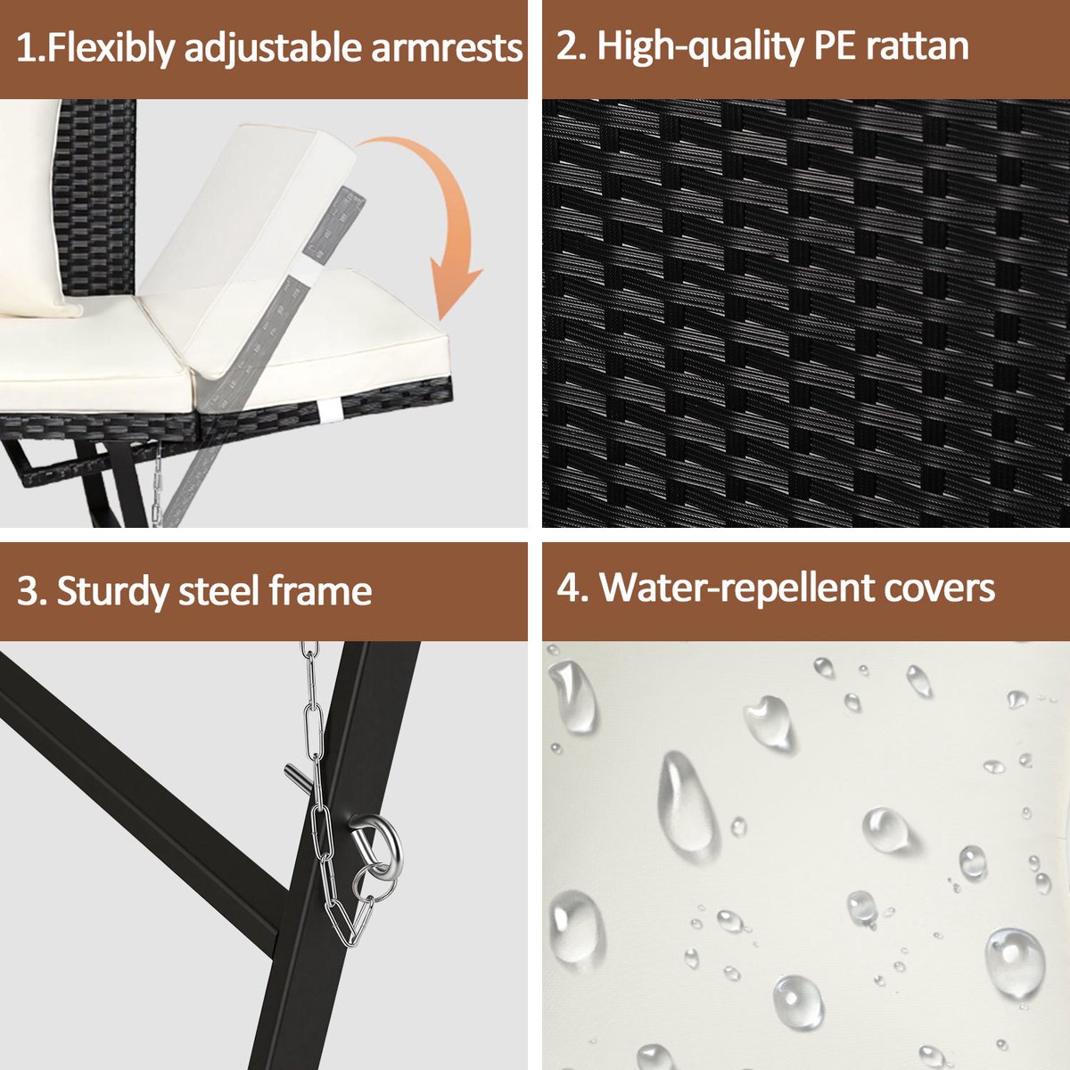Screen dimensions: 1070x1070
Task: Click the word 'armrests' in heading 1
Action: [x=447, y=48]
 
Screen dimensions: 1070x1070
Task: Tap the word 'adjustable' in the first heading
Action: [x=273, y=50]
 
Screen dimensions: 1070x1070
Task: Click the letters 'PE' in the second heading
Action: [x=835, y=46]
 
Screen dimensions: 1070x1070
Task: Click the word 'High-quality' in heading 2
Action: [x=700, y=48]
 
